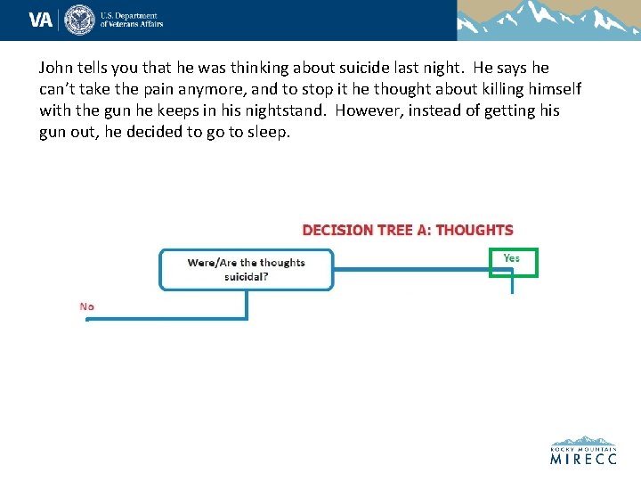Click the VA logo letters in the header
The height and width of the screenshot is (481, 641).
pyautogui.click(x=40, y=19)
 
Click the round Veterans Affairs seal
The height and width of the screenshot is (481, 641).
pyautogui.click(x=80, y=19)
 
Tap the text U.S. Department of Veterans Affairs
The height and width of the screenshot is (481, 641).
pyautogui.click(x=131, y=20)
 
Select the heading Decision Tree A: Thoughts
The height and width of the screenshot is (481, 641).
pyautogui.click(x=408, y=230)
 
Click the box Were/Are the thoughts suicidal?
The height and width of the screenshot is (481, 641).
pyautogui.click(x=246, y=269)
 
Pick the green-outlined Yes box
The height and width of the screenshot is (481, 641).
pyautogui.click(x=513, y=262)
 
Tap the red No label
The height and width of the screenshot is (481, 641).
pyautogui.click(x=87, y=306)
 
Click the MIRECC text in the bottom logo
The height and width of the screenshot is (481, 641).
pyautogui.click(x=583, y=460)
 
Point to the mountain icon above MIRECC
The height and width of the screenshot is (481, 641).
pyautogui.click(x=583, y=441)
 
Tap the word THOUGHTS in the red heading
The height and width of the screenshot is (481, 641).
pyautogui.click(x=475, y=230)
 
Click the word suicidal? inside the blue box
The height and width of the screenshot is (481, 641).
pyautogui.click(x=247, y=276)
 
